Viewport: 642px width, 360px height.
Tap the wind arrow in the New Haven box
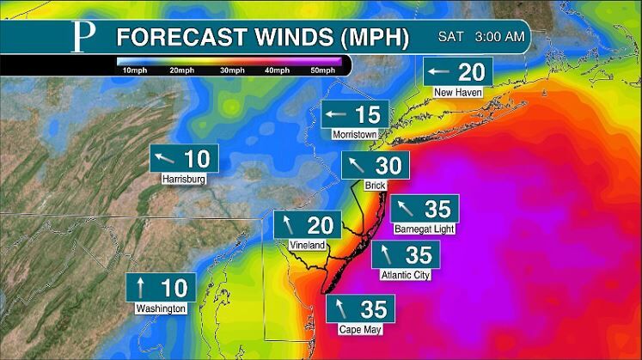[439, 71]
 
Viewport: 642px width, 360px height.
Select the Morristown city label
[356, 135]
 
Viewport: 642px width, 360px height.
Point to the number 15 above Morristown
[367, 114]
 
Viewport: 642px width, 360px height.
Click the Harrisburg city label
[184, 180]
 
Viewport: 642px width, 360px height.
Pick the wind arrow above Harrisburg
[165, 158]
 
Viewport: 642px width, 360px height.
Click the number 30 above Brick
[388, 166]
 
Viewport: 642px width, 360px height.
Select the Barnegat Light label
[425, 229]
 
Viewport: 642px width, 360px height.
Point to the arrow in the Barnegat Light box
[406, 209]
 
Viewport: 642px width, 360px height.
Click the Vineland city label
[307, 245]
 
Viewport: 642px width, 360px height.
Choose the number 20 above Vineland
[319, 225]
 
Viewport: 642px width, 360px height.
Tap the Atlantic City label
[405, 275]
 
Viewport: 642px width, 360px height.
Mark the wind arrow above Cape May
[342, 308]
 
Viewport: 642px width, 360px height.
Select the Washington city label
[161, 308]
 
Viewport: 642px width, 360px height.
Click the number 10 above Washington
[173, 287]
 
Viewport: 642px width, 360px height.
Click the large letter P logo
[83, 38]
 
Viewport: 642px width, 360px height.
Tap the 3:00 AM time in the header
[500, 37]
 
